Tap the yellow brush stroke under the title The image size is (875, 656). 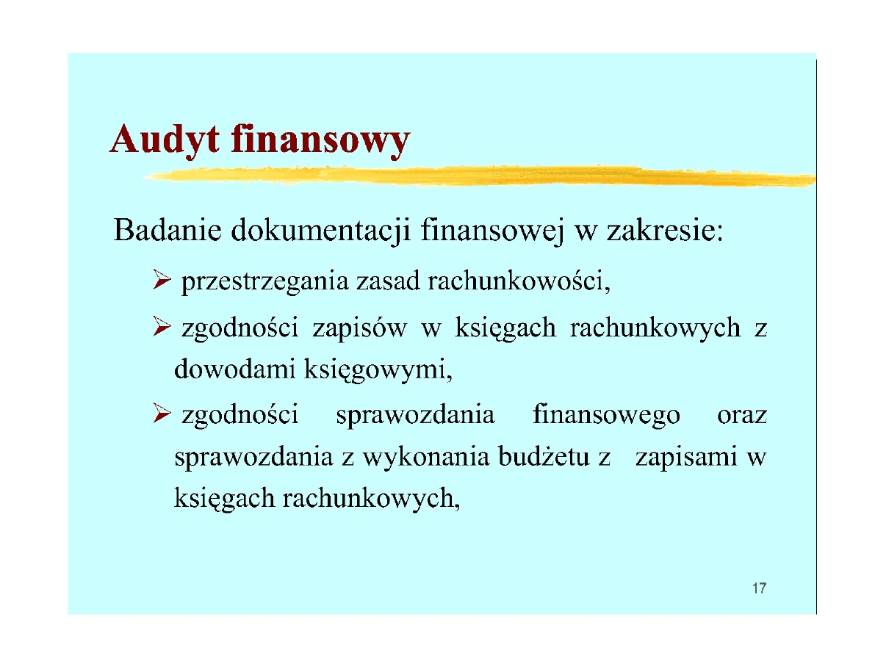(478, 176)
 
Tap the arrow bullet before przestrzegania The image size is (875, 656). (162, 281)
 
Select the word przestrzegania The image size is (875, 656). (264, 282)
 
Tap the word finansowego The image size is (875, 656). (606, 416)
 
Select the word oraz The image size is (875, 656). (741, 416)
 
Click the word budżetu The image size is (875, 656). (547, 458)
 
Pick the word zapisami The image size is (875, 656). (686, 458)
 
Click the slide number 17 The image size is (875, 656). (760, 588)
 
